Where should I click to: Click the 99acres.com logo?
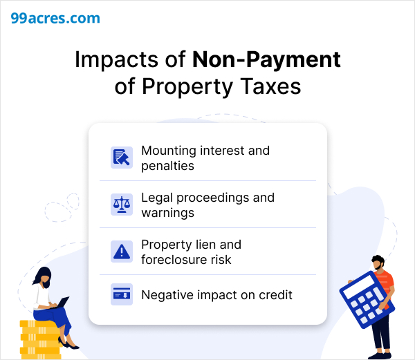55,18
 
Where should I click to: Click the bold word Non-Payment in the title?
266,60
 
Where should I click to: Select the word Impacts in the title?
116,60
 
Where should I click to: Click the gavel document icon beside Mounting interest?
122,158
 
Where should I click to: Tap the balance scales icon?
122,205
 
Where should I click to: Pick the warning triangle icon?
122,252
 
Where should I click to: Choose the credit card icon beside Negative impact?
122,294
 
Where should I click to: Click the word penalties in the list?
168,167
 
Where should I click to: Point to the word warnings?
168,213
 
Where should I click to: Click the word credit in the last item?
275,295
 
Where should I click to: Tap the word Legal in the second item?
157,198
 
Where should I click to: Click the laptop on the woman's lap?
60,303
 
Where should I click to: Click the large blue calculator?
367,300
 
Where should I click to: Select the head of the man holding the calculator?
378,262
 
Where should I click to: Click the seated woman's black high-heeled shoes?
68,343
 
